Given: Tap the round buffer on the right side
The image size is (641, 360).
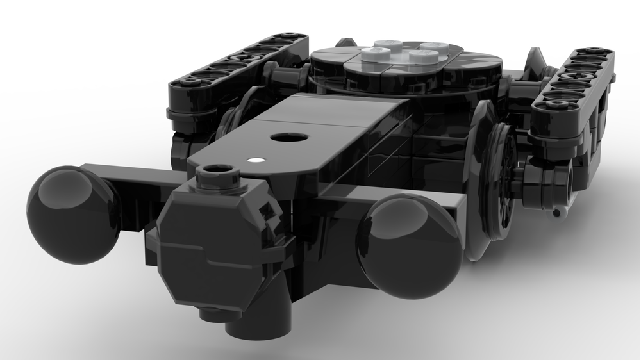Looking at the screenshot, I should coord(410,237).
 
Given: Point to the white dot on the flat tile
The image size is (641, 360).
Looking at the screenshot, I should coord(257,160).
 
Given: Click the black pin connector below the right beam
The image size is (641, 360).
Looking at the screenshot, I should coord(545,186).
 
